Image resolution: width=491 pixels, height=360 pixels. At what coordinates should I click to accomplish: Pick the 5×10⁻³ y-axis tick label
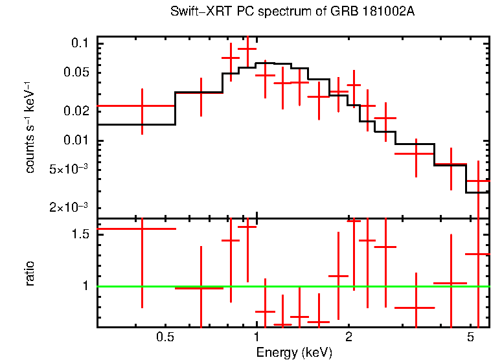click(x=67, y=170)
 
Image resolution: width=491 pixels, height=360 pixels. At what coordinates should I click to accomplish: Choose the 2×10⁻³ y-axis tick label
click(x=67, y=208)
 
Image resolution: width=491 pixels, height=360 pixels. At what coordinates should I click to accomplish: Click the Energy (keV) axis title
click(x=294, y=352)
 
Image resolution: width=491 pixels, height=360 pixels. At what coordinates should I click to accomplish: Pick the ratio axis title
click(x=30, y=273)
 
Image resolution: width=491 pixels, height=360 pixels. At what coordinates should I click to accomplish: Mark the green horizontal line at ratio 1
click(x=389, y=286)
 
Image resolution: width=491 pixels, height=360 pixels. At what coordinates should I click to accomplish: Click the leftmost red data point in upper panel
click(x=142, y=106)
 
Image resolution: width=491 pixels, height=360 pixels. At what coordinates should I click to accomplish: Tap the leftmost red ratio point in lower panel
click(x=142, y=229)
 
